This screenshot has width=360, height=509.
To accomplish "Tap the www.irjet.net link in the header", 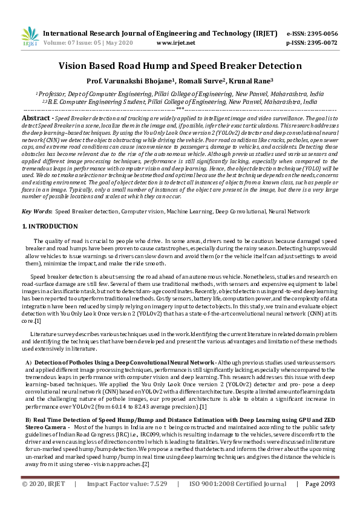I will [175, 44].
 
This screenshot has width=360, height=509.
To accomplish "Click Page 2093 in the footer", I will [320, 501].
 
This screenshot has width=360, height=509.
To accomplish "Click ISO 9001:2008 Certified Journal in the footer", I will [238, 501].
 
